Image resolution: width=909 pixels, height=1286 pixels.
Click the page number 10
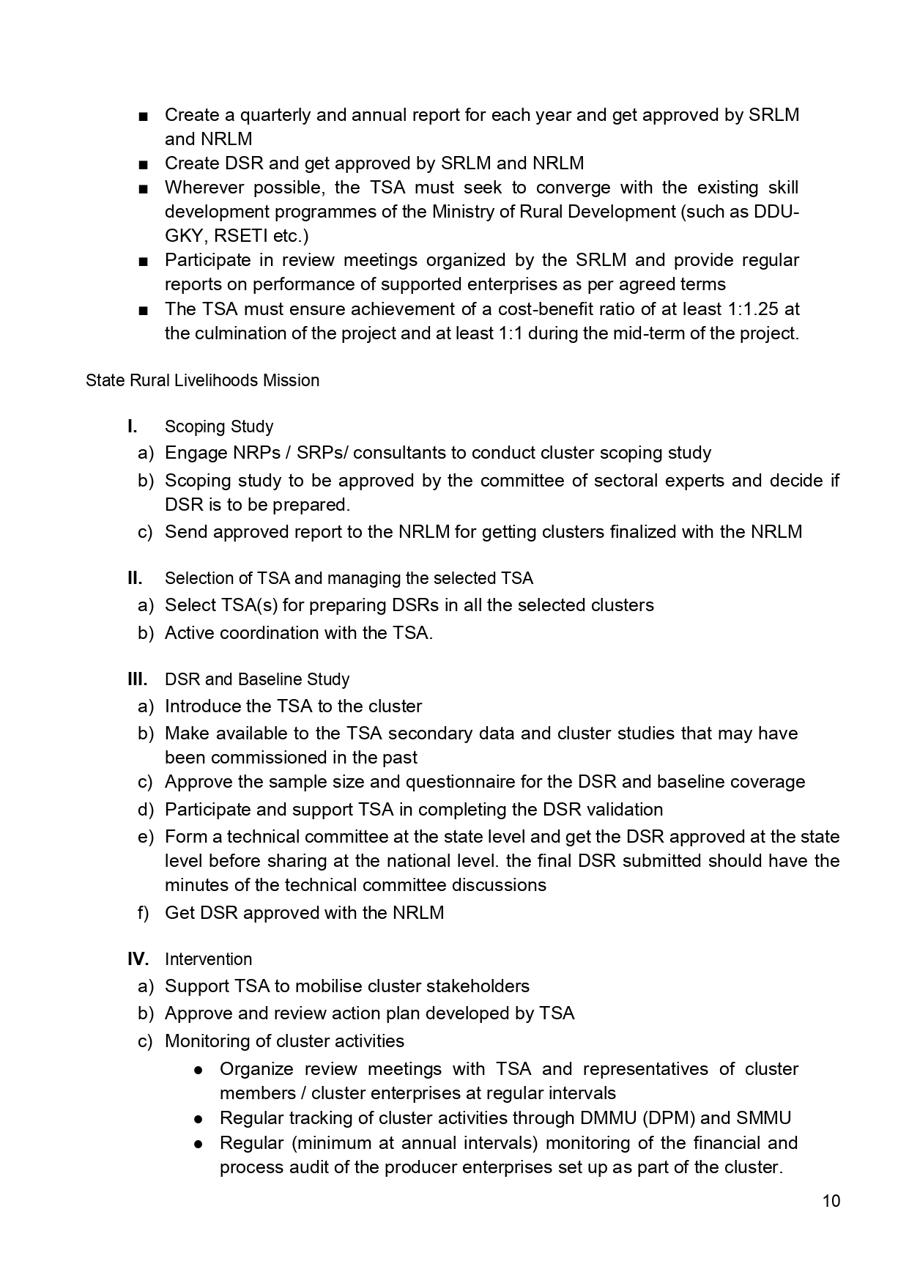point(831,1201)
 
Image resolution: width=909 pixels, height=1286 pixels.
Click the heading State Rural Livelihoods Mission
point(202,380)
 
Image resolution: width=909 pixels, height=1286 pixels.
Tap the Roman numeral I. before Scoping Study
point(133,426)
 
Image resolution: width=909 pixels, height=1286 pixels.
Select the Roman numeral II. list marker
point(135,578)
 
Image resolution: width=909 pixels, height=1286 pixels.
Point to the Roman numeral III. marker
point(137,679)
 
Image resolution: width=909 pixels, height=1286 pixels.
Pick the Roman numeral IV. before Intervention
point(138,959)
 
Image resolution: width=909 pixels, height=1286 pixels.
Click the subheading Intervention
point(208,959)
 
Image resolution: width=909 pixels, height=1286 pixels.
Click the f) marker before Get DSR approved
point(143,913)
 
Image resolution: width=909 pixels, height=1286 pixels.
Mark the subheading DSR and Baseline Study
point(257,679)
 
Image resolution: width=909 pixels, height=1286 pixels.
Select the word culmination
point(238,333)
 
